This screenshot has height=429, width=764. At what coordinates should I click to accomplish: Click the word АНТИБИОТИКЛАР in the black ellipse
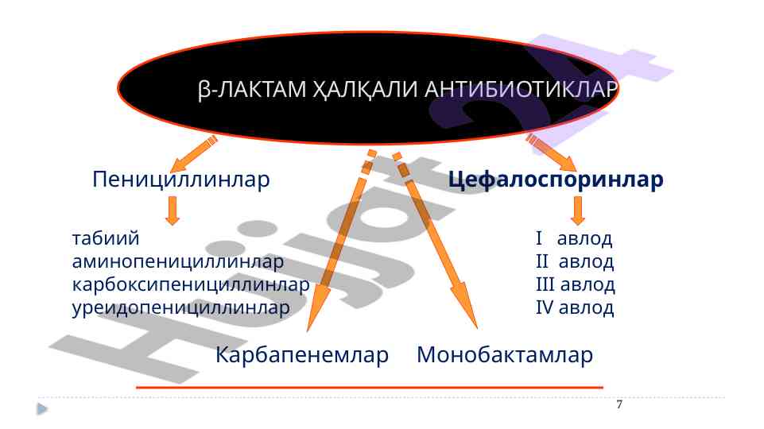click(521, 89)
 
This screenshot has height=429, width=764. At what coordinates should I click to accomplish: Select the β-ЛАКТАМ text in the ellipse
click(252, 90)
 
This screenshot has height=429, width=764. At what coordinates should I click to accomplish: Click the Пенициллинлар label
click(180, 180)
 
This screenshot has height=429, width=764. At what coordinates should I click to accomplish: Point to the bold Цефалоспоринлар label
click(556, 180)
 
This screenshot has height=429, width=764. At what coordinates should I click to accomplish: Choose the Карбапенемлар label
click(302, 354)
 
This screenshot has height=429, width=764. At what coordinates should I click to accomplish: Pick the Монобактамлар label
click(505, 354)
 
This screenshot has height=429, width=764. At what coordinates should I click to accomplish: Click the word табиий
click(106, 238)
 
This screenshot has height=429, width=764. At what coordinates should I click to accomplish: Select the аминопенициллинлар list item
click(178, 261)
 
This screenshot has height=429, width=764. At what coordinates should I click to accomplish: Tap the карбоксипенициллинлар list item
click(191, 284)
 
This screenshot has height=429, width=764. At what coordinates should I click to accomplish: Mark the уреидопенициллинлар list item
click(180, 307)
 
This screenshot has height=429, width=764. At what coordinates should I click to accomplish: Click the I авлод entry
click(574, 238)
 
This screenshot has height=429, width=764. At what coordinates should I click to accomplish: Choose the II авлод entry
click(575, 261)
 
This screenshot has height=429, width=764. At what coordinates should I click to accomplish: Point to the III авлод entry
click(576, 284)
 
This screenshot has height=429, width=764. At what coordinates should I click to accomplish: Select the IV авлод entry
click(575, 307)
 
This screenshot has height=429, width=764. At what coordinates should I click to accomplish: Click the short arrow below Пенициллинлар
click(172, 211)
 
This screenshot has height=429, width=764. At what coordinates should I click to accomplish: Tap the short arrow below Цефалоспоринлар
click(578, 211)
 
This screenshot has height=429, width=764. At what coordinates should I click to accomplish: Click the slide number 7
click(619, 404)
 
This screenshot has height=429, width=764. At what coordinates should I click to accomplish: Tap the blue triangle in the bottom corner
click(42, 409)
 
